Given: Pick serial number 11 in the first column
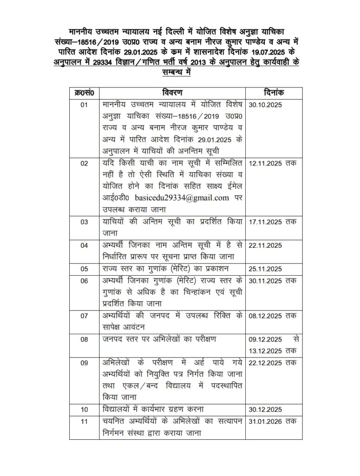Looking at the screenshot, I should [x=84, y=422].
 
